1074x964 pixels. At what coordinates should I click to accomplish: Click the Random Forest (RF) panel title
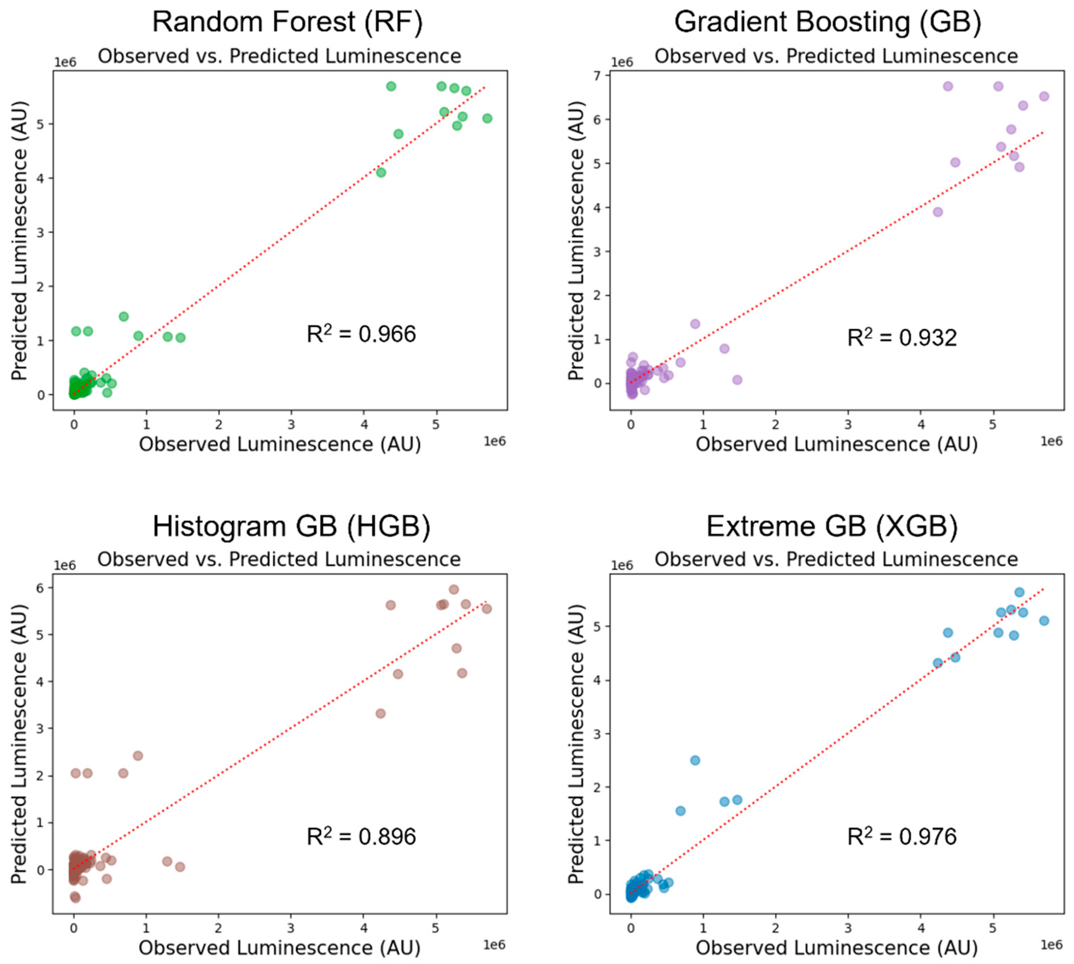287,22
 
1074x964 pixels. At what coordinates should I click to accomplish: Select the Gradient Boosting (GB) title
827,22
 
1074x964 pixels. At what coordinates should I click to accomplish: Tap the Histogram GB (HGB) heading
291,526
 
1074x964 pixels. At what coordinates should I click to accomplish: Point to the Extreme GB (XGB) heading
832,526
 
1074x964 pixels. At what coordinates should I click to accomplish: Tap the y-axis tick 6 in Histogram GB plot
41,587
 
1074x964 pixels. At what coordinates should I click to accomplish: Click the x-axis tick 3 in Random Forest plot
291,425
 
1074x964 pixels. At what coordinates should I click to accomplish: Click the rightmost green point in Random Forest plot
487,118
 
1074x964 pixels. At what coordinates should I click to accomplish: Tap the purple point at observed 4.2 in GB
937,212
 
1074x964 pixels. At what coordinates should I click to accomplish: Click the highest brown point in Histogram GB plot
454,590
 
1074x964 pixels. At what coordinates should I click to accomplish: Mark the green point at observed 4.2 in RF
381,172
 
